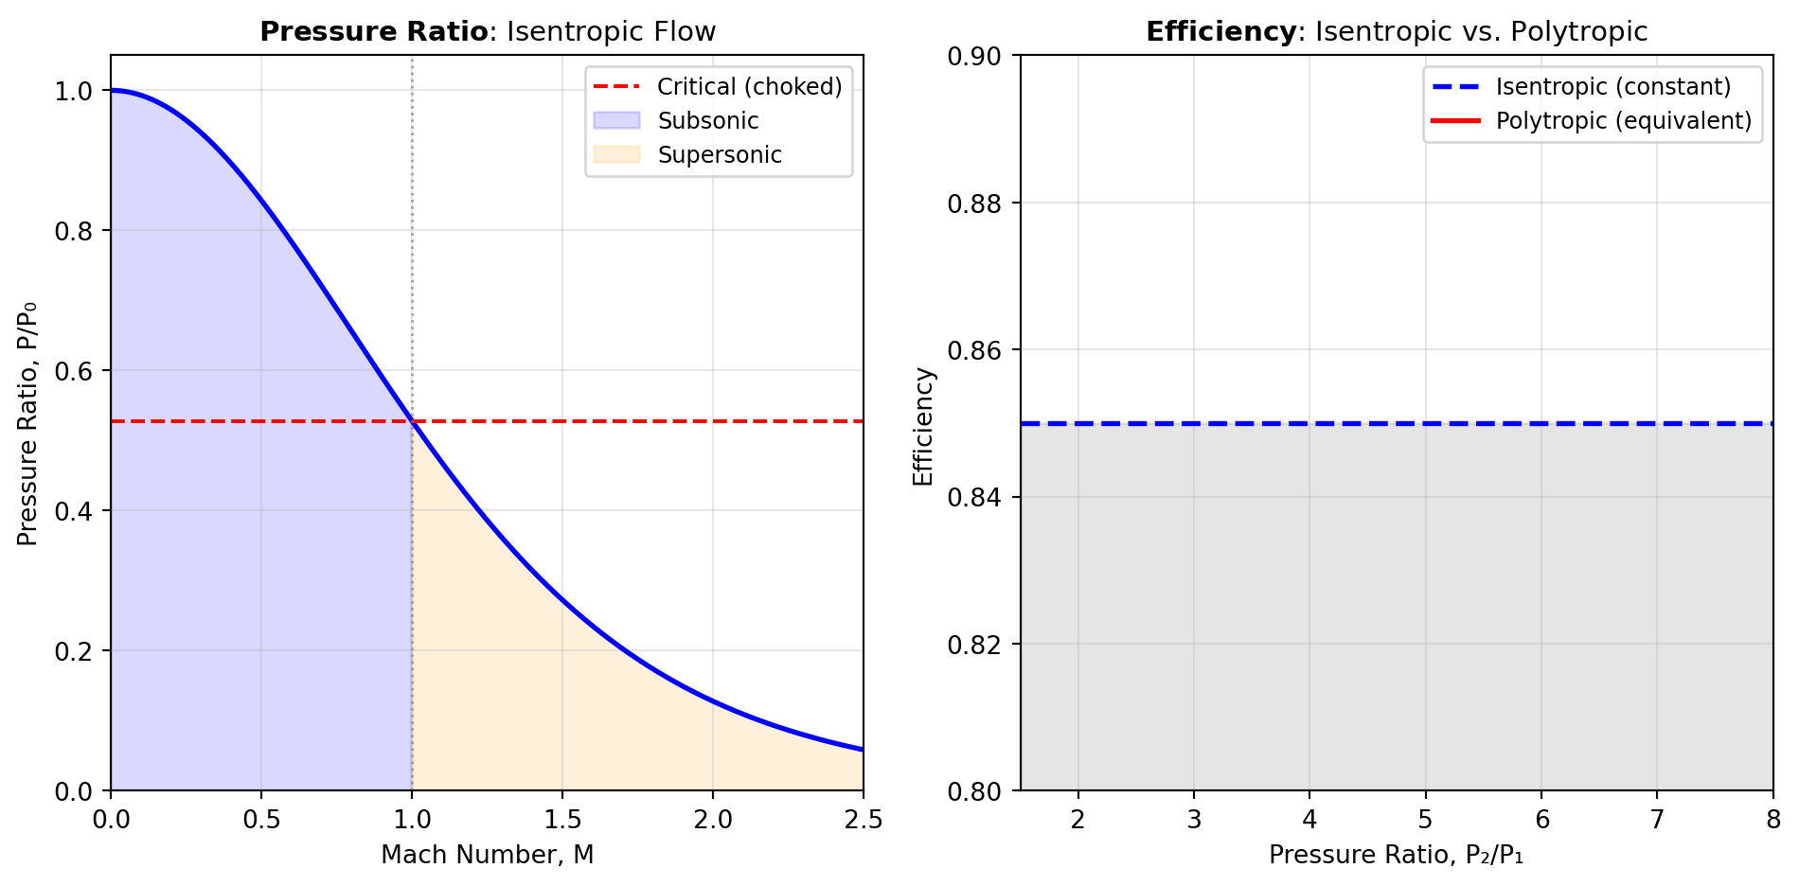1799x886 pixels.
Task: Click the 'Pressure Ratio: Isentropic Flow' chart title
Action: tap(488, 31)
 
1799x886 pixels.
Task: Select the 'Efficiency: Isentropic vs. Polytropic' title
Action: tap(1397, 31)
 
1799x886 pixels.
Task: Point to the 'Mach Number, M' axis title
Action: tap(487, 855)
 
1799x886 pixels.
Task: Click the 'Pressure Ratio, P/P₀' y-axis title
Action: tap(27, 423)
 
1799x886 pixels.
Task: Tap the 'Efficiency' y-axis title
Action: tap(923, 426)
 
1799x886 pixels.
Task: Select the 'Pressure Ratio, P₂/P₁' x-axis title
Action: tap(1396, 855)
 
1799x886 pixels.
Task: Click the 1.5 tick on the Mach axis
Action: tap(562, 820)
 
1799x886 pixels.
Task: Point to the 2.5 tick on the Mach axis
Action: tap(864, 820)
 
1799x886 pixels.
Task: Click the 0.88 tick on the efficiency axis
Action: tap(974, 204)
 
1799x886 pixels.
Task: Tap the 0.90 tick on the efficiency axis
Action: tap(974, 57)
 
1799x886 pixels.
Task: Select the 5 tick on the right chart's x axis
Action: tap(1425, 820)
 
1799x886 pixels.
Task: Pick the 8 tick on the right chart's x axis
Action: tap(1772, 820)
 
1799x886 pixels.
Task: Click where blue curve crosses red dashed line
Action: tap(412, 421)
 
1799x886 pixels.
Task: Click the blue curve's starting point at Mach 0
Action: tap(112, 91)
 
